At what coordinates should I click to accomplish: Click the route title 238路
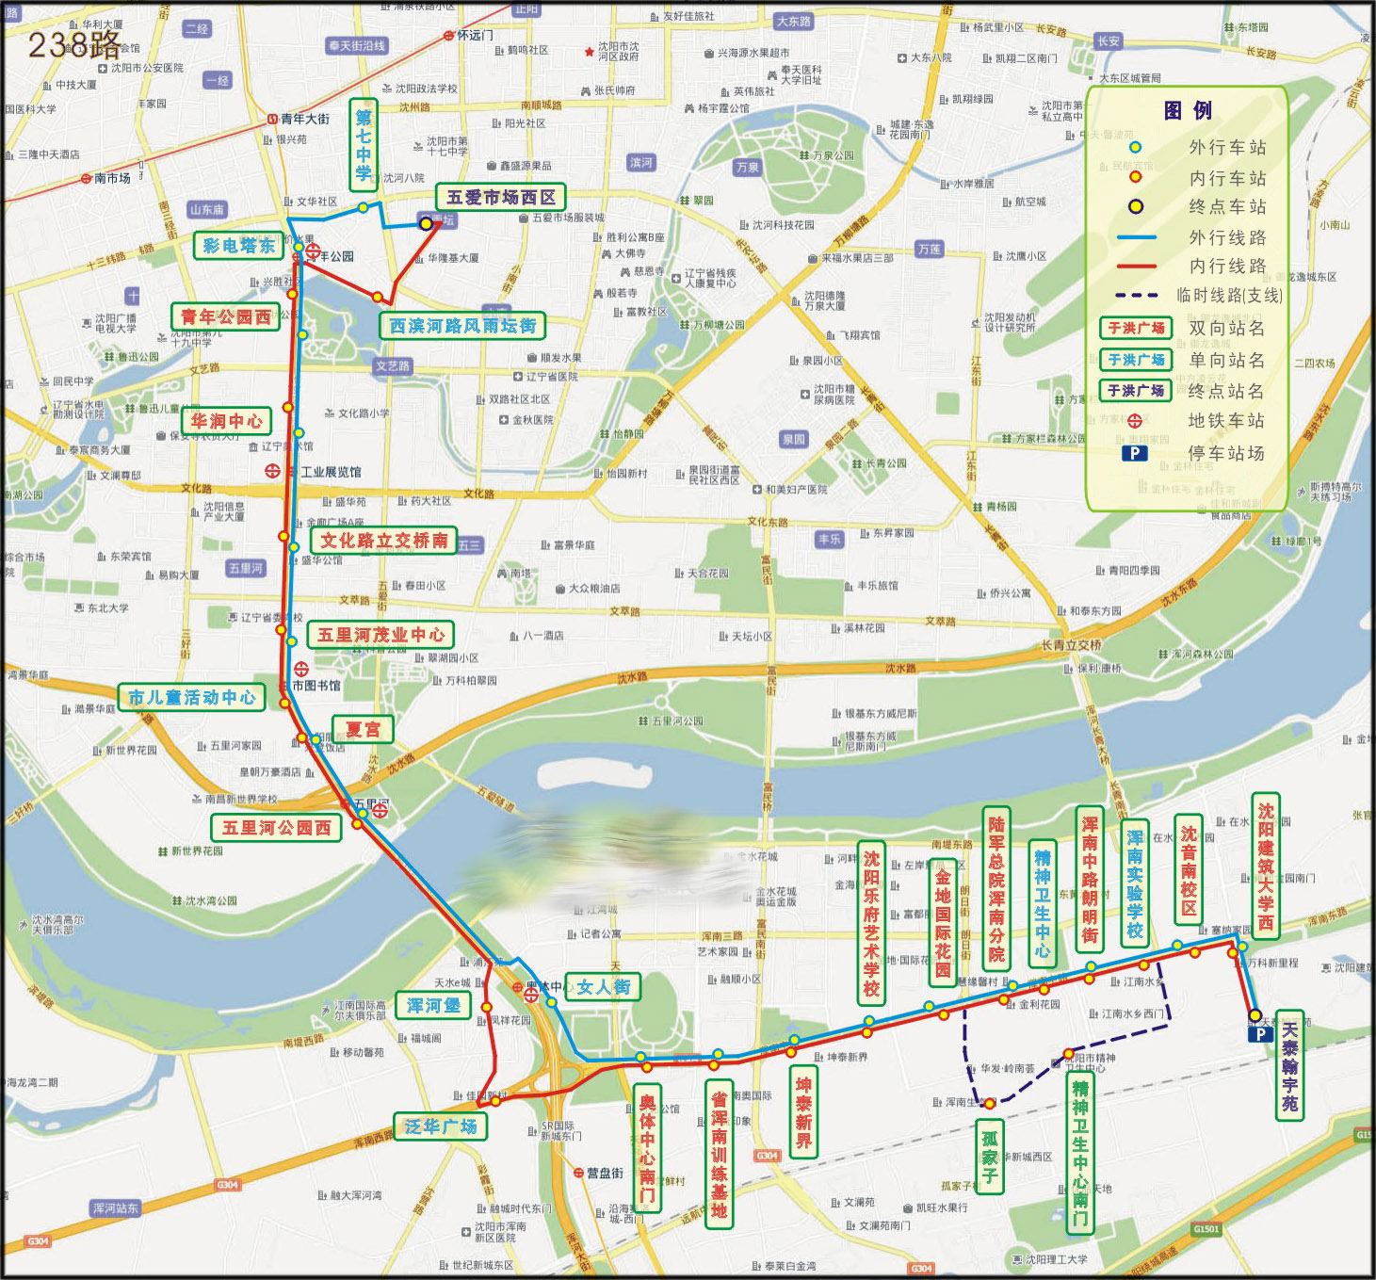coord(74,44)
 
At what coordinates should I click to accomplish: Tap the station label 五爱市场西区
coord(500,197)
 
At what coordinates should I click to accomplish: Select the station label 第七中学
coord(364,145)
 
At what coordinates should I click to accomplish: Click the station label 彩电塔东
coord(238,246)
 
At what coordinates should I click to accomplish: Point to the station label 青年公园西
coord(226,317)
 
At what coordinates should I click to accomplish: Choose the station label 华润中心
coord(227,421)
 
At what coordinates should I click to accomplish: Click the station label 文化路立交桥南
coord(383,541)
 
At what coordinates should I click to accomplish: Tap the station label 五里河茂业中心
coord(380,635)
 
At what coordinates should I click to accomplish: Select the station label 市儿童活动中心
coord(192,698)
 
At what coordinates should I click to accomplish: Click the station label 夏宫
coord(363,729)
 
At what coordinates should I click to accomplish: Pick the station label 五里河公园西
coord(276,828)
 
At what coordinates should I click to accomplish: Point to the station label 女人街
coord(603,987)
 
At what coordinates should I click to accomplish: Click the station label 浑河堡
coord(433,1006)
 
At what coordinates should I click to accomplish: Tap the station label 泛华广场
coord(440,1126)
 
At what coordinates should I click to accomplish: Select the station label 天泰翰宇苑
coord(1289,1065)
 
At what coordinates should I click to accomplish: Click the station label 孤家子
coord(989,1157)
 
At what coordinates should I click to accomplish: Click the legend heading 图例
coord(1188,111)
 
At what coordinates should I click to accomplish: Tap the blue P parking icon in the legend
coord(1135,453)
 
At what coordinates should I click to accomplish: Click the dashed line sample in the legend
coord(1137,296)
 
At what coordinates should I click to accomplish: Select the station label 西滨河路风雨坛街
coord(462,326)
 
